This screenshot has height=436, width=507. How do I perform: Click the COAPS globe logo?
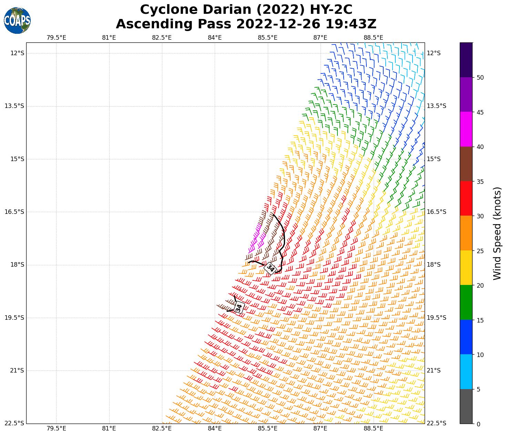[17, 21]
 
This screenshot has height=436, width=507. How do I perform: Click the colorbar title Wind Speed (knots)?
[497, 233]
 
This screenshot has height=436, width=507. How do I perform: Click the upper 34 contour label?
[270, 268]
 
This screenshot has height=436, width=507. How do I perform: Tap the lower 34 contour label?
[239, 307]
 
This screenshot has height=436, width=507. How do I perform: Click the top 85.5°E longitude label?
[267, 37]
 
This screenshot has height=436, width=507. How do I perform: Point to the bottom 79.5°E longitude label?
[56, 429]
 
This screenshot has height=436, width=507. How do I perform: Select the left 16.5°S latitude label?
[14, 212]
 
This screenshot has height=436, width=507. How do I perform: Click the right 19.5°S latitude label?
[436, 318]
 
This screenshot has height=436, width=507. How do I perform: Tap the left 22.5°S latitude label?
[14, 423]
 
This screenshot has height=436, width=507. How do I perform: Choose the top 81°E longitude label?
[109, 37]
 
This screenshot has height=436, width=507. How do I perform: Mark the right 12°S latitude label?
[434, 53]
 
